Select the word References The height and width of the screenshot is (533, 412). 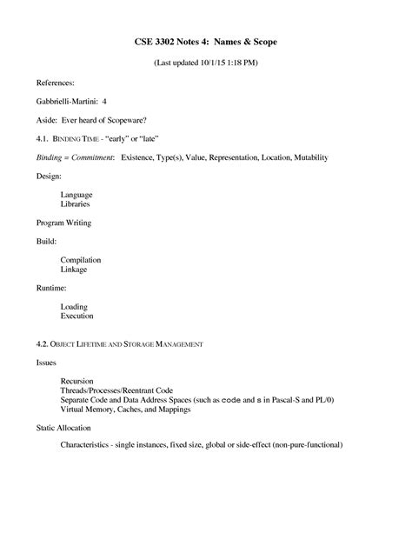pyautogui.click(x=55, y=85)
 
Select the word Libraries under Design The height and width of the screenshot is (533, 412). pyautogui.click(x=76, y=204)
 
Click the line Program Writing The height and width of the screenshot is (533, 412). pyautogui.click(x=63, y=223)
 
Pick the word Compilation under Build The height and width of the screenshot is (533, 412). pyautogui.click(x=81, y=259)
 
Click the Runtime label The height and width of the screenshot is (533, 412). pyautogui.click(x=50, y=287)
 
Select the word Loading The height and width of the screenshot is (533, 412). pyautogui.click(x=74, y=307)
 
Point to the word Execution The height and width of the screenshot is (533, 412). pyautogui.click(x=77, y=317)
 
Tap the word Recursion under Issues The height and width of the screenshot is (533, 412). pyautogui.click(x=77, y=380)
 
